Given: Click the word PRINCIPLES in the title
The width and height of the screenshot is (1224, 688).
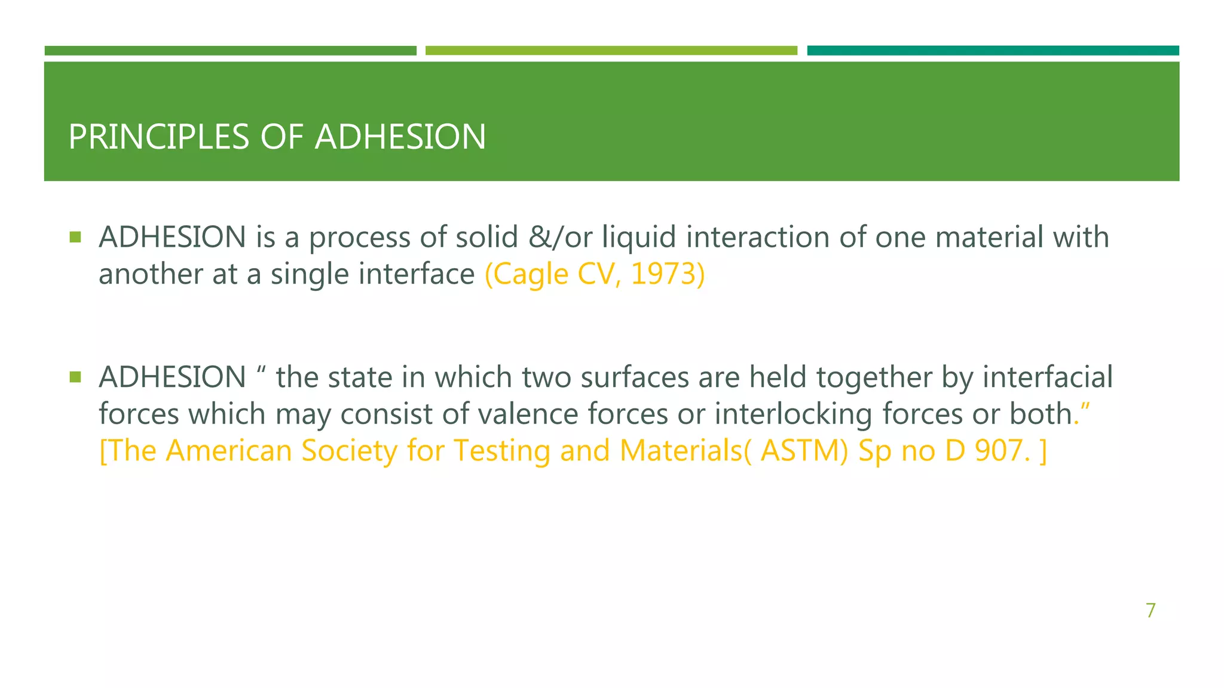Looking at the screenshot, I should coord(158,137).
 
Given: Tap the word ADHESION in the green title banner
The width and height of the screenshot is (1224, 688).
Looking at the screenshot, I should coord(400,137).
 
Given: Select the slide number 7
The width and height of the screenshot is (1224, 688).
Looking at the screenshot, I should coord(1150,610).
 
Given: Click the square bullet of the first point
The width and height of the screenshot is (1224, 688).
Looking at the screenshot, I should coord(75,237).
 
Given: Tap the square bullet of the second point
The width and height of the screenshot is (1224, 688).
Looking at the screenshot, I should coord(75,377).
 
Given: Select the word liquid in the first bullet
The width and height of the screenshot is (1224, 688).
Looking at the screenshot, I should coord(638,238).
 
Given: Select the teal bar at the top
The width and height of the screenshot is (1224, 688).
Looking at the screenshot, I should coord(993,51).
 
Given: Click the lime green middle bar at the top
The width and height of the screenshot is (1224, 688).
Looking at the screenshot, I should coord(611,51).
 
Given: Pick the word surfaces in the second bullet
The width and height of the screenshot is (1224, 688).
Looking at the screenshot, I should coord(634,377).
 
